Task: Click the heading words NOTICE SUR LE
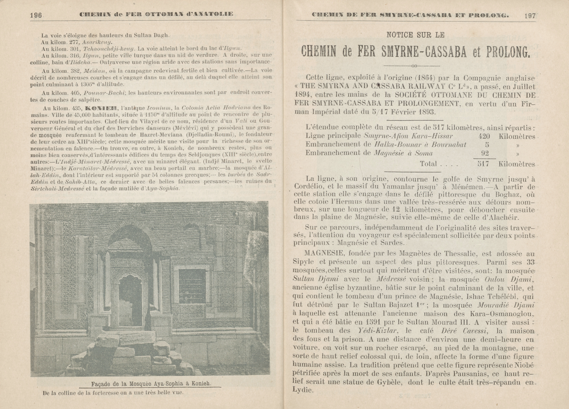pyautogui.click(x=415, y=35)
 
